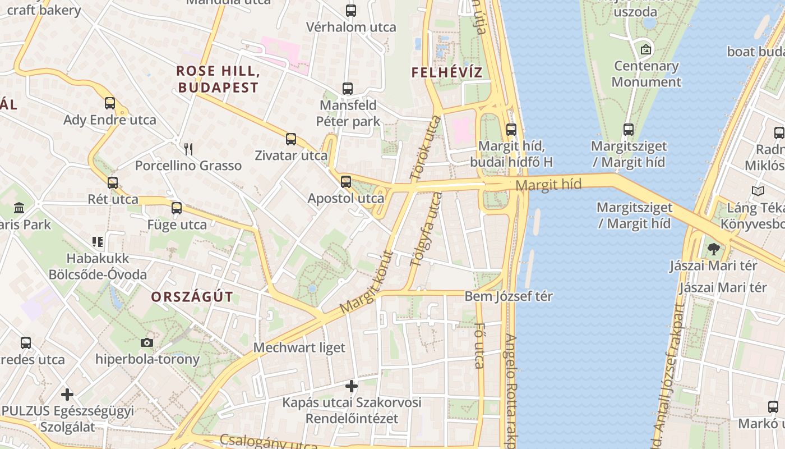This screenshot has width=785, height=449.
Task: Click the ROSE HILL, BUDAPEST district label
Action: click(218, 79)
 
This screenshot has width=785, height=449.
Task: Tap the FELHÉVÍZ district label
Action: click(447, 72)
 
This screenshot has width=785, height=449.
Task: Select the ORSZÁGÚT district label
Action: click(192, 297)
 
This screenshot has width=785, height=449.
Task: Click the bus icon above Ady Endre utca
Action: click(110, 103)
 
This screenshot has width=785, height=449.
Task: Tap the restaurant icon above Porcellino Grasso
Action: click(188, 149)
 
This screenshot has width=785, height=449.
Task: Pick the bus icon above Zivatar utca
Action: click(290, 139)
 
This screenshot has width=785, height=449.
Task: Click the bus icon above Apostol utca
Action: click(346, 181)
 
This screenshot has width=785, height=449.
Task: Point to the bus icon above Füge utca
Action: click(177, 208)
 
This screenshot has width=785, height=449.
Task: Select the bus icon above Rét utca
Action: click(113, 182)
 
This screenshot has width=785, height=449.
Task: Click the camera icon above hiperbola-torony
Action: click(147, 342)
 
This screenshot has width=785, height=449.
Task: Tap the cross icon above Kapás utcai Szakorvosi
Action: click(352, 386)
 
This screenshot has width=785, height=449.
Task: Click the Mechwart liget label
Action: click(299, 347)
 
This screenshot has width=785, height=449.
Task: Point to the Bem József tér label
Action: click(509, 296)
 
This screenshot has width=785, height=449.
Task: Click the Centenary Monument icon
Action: click(646, 49)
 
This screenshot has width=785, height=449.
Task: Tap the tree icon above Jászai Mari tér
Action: click(713, 249)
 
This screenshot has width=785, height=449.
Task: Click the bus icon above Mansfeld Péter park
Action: click(348, 89)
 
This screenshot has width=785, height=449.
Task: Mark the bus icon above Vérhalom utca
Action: click(351, 10)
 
